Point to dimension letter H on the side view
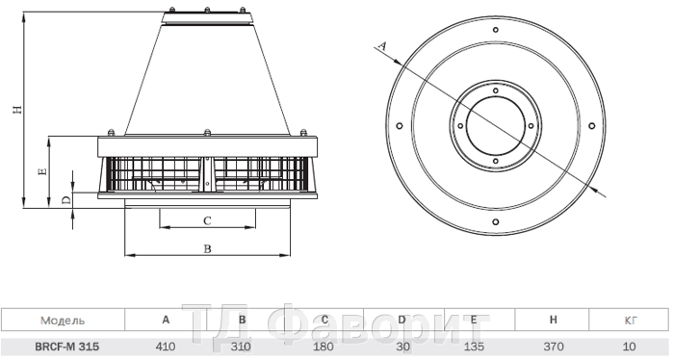click(15, 109)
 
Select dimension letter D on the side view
click(65, 200)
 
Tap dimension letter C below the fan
click(207, 220)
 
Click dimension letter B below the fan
click(207, 248)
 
